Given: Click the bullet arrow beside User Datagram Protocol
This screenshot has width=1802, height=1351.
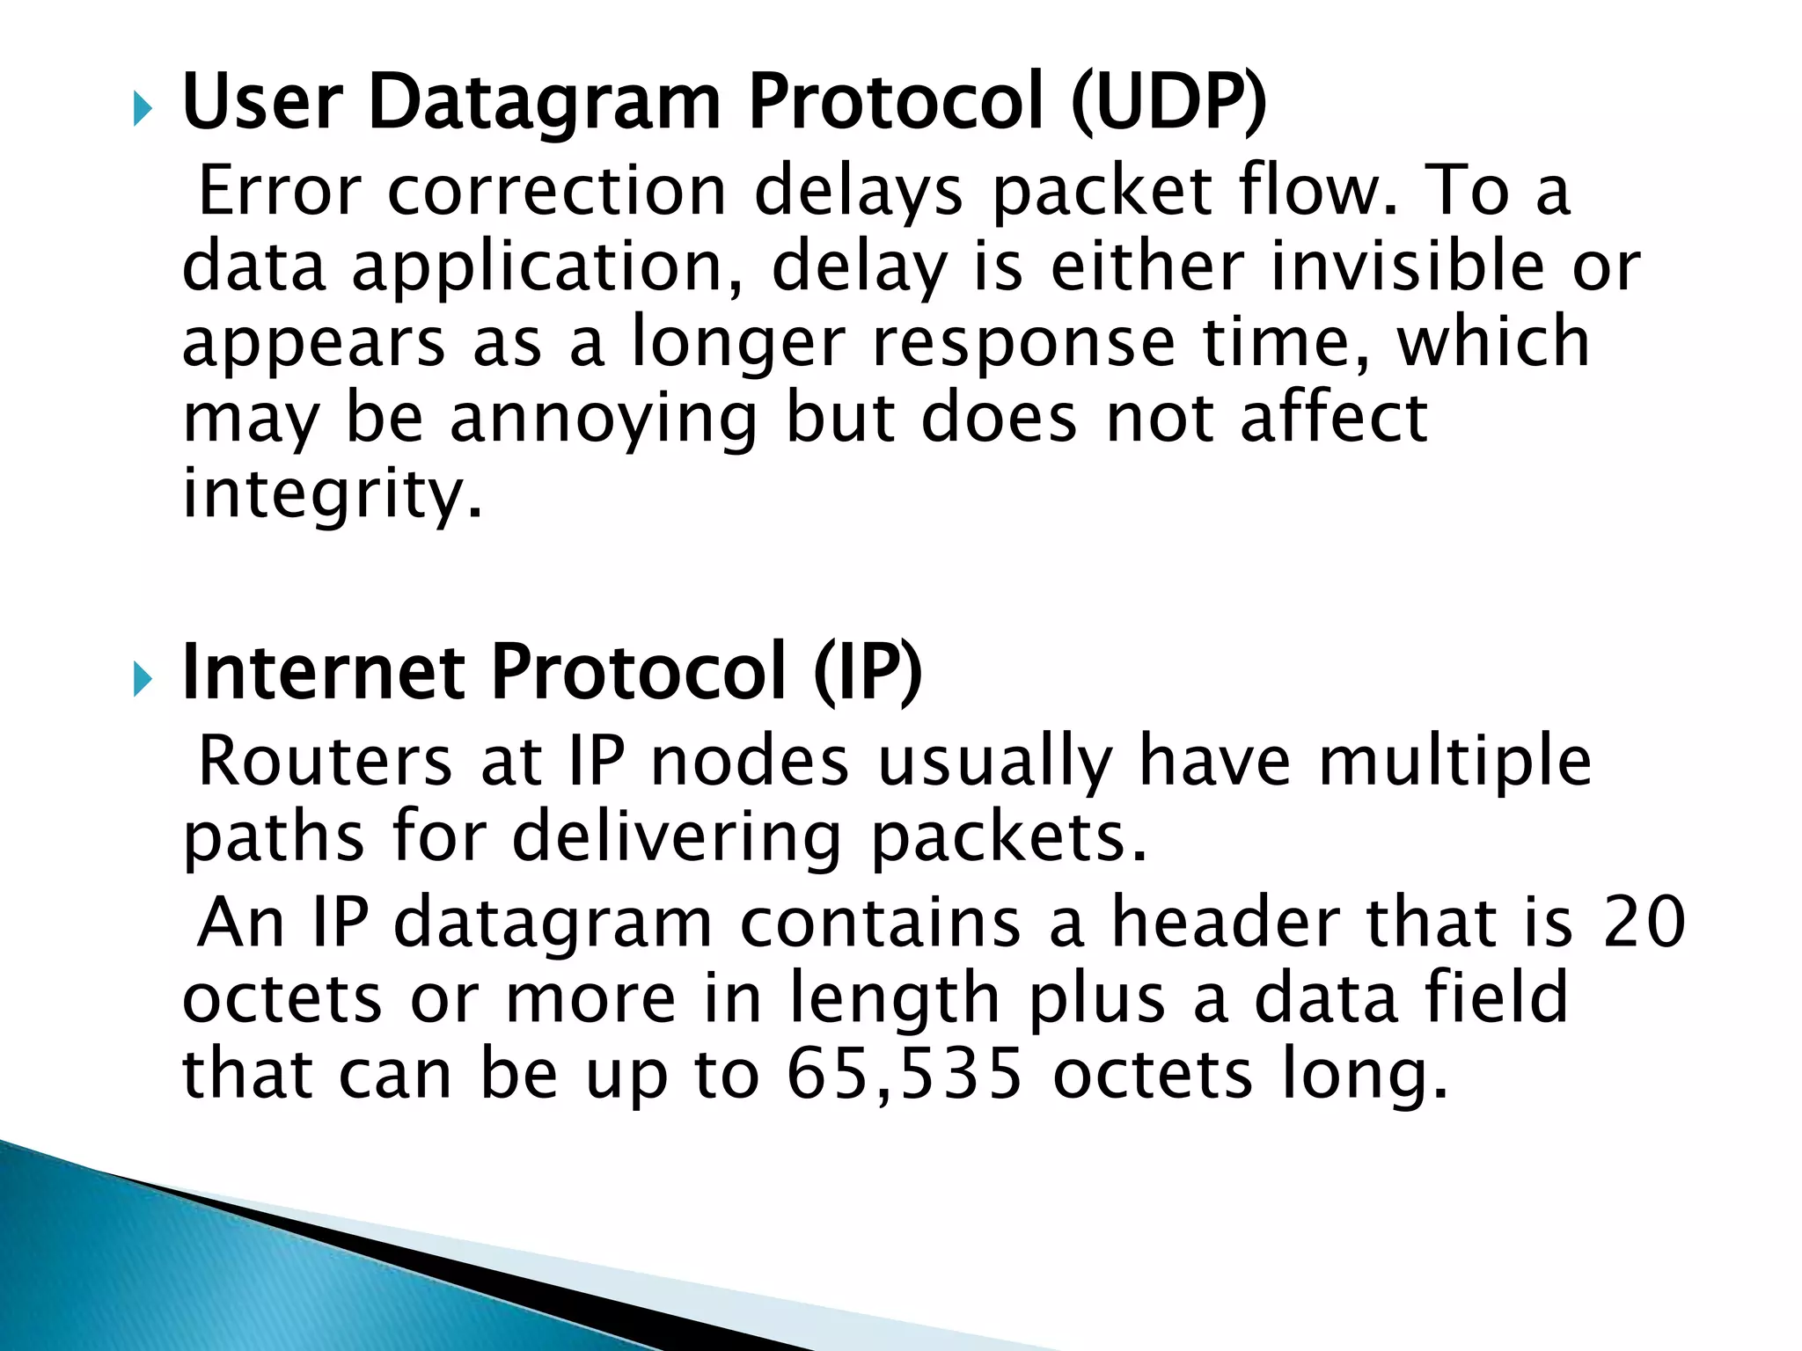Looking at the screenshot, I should pos(143,111).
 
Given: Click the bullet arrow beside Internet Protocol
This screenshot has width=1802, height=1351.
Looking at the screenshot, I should pos(143,679).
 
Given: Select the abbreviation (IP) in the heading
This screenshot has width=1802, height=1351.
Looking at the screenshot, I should pos(868,672).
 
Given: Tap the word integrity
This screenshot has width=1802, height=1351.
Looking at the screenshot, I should pos(333,494).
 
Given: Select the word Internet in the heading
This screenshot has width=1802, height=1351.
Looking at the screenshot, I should pos(323,672).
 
